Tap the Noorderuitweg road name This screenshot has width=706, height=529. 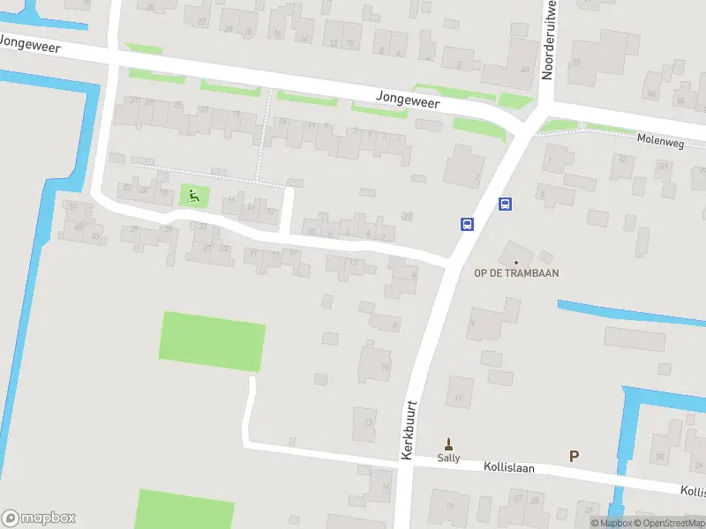(549, 40)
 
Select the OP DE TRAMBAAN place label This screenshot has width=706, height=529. (516, 273)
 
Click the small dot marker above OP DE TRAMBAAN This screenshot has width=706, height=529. (516, 262)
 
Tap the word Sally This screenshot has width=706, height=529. (448, 458)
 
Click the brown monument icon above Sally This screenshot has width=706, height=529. (448, 443)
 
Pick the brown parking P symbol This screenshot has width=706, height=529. (574, 456)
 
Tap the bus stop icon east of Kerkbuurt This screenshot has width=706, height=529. (505, 204)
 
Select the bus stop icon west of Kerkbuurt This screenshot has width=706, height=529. (466, 224)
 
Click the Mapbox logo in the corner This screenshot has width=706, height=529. (39, 518)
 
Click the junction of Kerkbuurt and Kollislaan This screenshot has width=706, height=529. (404, 462)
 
